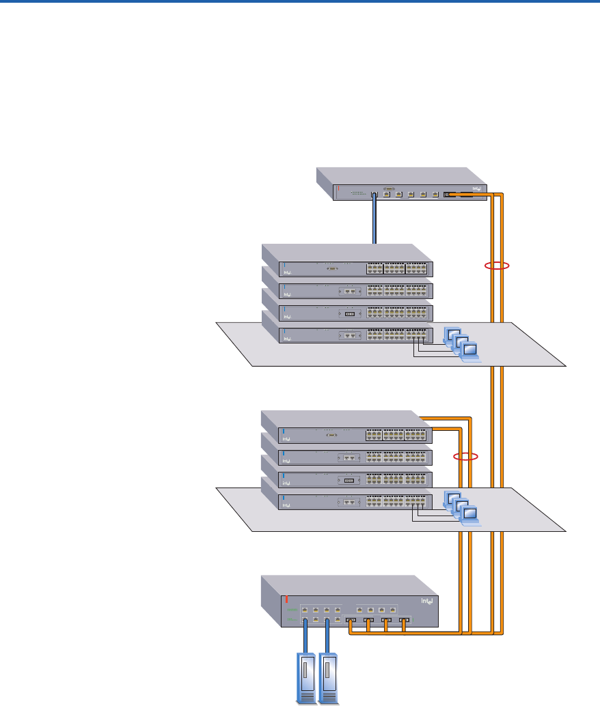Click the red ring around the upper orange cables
(x=497, y=265)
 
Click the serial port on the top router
(x=387, y=187)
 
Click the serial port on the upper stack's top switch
(x=331, y=269)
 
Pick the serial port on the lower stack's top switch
(x=331, y=434)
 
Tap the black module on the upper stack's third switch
(x=350, y=315)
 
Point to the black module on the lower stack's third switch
(x=350, y=480)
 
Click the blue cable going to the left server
(x=305, y=638)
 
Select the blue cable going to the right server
(x=328, y=638)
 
